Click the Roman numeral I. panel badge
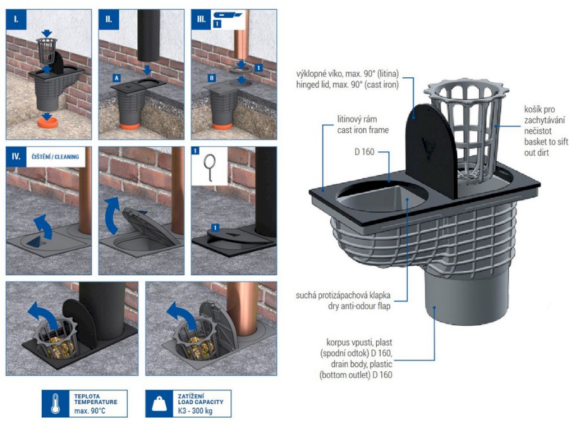[x=16, y=19]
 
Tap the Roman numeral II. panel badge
[x=109, y=19]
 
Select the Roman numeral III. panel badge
[x=201, y=19]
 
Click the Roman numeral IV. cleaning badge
[x=16, y=156]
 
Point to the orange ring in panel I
[x=48, y=122]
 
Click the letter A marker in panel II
[x=116, y=78]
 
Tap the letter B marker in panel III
[x=212, y=78]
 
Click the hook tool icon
[x=209, y=166]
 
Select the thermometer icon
[x=55, y=404]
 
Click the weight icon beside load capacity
[x=159, y=404]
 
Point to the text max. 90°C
[x=90, y=411]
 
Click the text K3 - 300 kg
[x=195, y=411]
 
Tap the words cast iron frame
[x=363, y=130]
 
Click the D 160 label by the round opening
[x=364, y=152]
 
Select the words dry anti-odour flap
[x=359, y=306]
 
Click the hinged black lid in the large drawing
[x=431, y=151]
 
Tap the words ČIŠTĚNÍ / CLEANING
[x=55, y=157]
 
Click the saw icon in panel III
[x=227, y=15]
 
